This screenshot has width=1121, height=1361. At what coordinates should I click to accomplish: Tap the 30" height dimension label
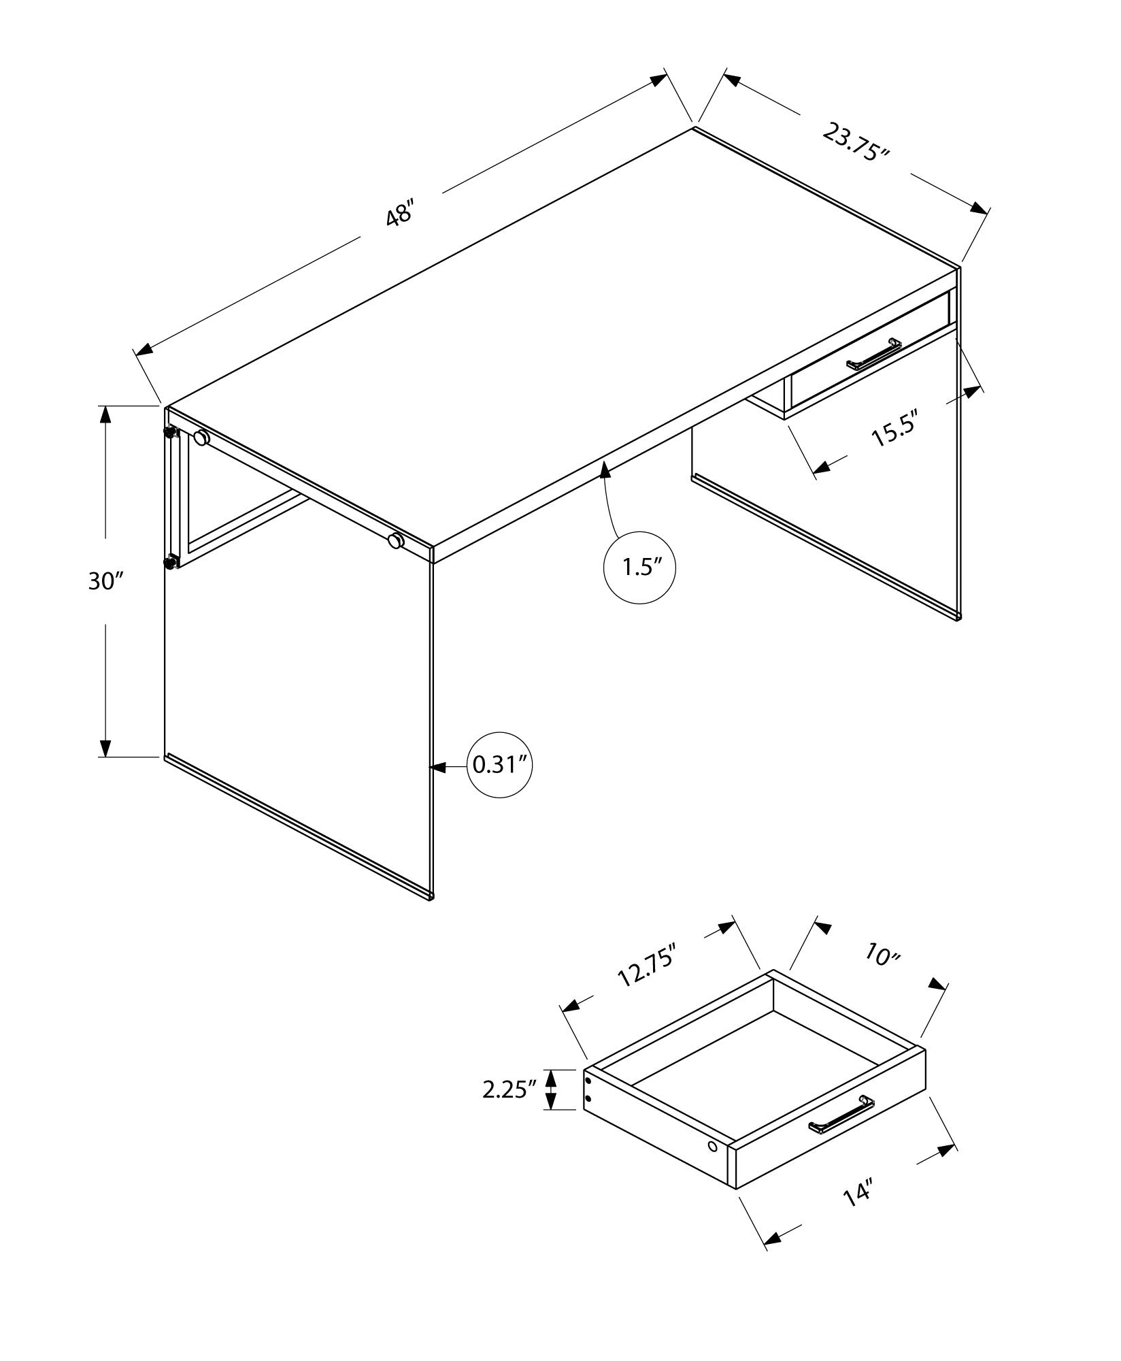coord(105,581)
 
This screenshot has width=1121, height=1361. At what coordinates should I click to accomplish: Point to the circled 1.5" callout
coord(639,568)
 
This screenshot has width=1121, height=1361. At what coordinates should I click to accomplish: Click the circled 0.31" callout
coord(501,766)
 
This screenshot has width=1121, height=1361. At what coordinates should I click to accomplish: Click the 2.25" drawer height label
coord(505,1109)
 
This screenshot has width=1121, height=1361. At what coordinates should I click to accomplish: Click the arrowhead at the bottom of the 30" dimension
coord(105,749)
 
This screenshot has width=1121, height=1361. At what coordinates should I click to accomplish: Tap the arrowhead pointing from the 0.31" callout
coord(437,767)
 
